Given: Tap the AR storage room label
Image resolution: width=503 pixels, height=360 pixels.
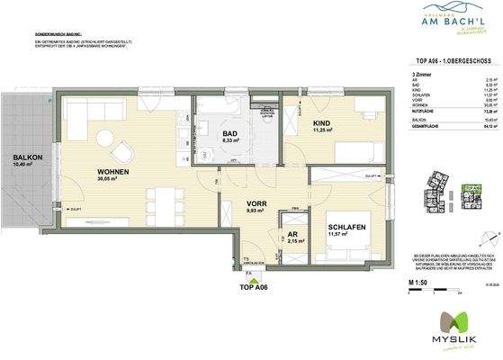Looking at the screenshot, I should coord(291,232).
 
